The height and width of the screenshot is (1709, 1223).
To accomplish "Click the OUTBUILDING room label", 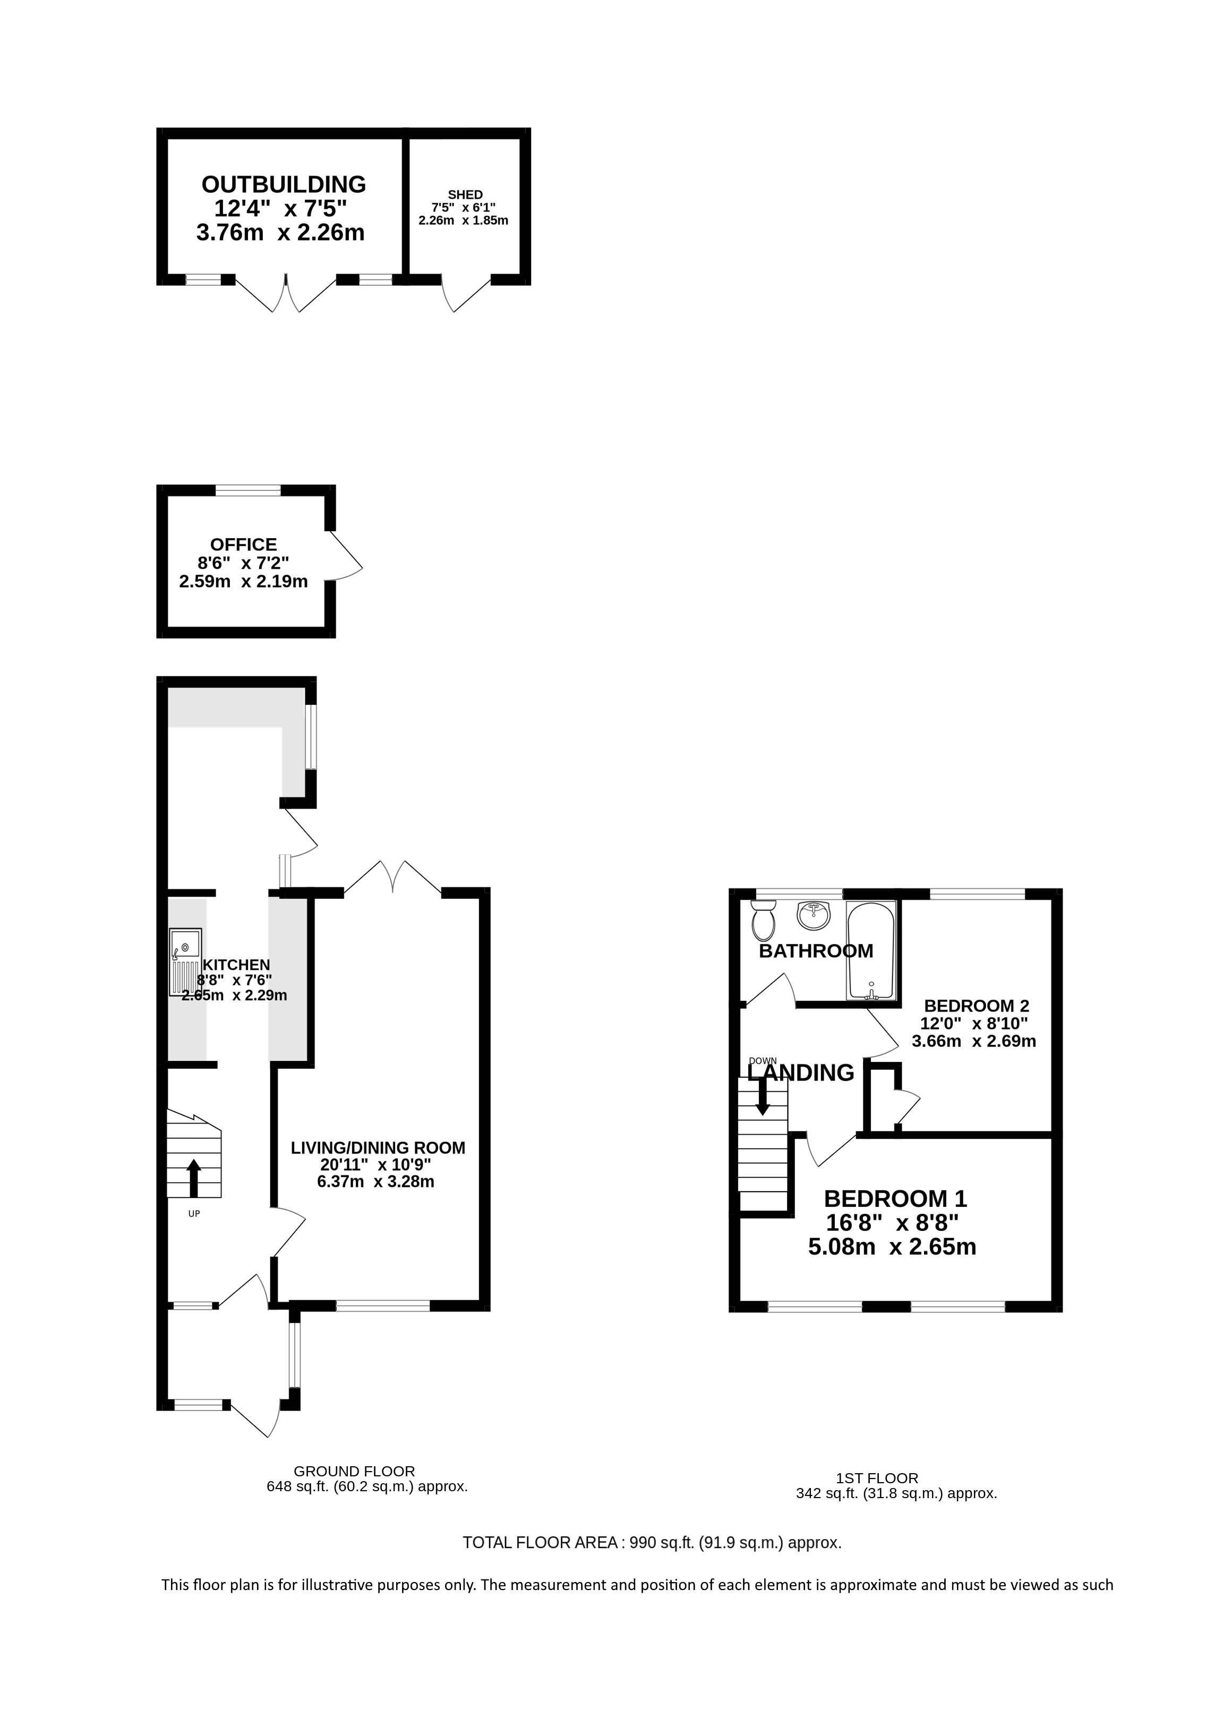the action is click(x=284, y=184).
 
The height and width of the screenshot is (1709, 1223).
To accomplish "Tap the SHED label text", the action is click(x=465, y=195).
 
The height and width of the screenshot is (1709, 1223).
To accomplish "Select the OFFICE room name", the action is click(x=243, y=545).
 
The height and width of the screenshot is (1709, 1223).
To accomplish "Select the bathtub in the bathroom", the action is click(x=871, y=950).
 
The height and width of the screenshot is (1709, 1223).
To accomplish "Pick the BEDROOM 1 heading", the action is click(x=895, y=1198).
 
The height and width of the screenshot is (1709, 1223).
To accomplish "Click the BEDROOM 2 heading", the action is click(x=976, y=1006).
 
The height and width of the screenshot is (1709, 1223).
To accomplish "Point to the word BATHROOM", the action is click(x=816, y=951).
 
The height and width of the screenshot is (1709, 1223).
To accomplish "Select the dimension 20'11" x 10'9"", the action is click(x=376, y=1165).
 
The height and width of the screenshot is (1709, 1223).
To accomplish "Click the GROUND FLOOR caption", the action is click(x=354, y=1471).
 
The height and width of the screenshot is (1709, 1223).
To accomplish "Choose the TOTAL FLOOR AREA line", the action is click(x=652, y=1543).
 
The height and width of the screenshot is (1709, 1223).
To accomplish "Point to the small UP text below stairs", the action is click(x=193, y=1214).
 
